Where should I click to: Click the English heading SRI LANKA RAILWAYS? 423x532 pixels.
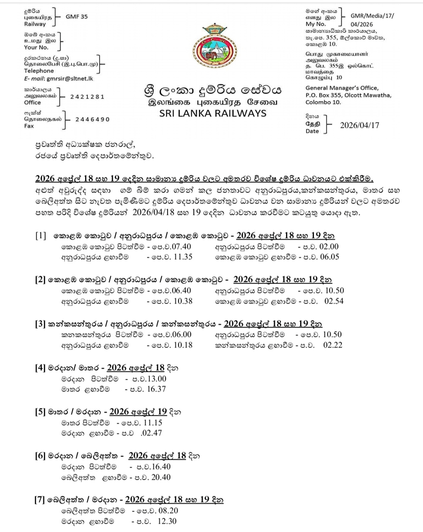click(211, 113)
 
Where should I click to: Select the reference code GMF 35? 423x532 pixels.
click(77, 17)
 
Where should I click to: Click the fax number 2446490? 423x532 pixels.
click(92, 119)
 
